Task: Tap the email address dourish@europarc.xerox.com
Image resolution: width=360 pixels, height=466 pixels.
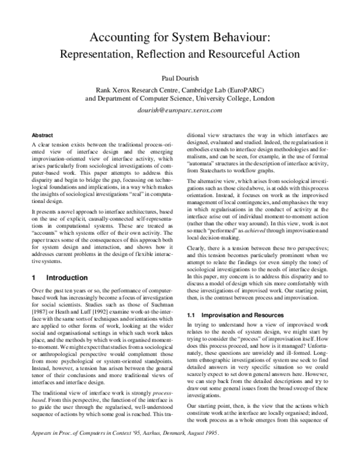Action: point(180,111)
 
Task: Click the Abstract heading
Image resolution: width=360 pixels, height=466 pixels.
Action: point(43,136)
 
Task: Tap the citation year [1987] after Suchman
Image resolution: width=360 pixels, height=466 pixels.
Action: point(40,307)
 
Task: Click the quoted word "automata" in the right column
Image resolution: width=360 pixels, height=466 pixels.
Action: point(202,162)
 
